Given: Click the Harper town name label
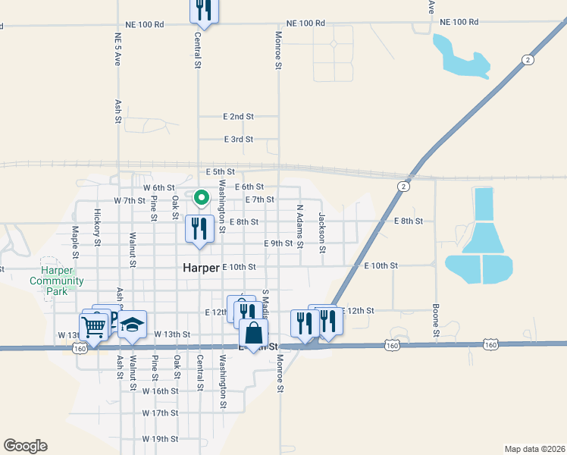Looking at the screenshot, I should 202,268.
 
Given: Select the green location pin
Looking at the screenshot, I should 202,199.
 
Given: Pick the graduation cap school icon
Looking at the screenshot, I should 132,325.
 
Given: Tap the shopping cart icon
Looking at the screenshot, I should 94,328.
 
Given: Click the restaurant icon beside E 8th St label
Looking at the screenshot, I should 199,228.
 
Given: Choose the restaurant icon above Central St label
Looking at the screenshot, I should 203,10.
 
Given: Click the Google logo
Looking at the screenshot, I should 25,446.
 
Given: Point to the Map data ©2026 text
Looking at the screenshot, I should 535,448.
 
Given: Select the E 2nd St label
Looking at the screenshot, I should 238,117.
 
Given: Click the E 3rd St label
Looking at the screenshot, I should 238,140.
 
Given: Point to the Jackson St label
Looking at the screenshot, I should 322,228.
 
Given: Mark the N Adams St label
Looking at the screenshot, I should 300,226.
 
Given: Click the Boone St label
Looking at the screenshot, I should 436,322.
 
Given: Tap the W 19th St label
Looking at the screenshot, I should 160,439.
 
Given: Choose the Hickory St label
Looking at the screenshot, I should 98,228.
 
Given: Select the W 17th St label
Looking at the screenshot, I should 160,413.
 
